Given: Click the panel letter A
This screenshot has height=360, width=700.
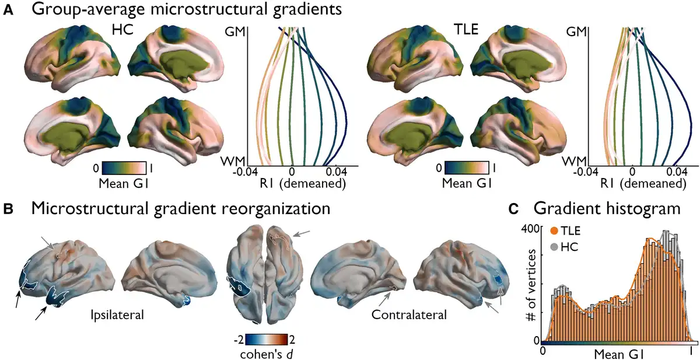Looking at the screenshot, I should coord(8,10).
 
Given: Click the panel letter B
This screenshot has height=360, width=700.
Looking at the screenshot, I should coord(8,207).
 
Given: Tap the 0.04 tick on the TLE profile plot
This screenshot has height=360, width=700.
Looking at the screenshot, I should coord(677,173).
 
